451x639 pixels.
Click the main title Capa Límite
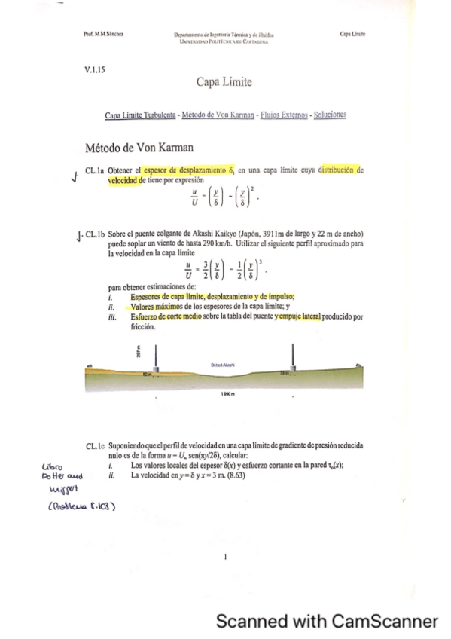[224, 81]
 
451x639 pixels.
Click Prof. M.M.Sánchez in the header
[105, 34]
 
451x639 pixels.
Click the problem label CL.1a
[96, 171]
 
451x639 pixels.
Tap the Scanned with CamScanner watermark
[326, 621]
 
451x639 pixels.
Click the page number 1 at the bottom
[225, 558]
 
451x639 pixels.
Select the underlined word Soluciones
[328, 115]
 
